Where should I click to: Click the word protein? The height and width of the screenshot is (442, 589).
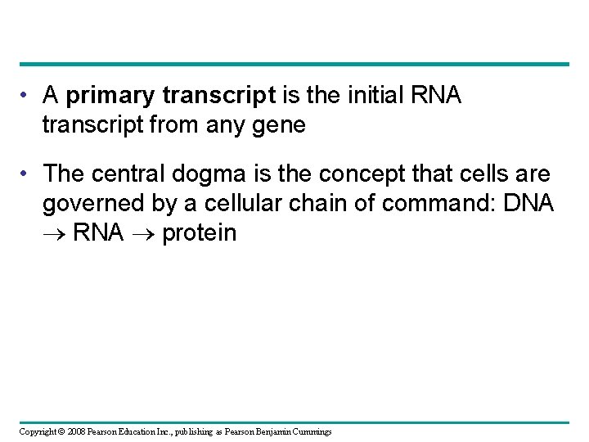[x=200, y=234]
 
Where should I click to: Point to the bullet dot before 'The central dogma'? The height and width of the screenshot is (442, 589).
[x=28, y=174]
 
